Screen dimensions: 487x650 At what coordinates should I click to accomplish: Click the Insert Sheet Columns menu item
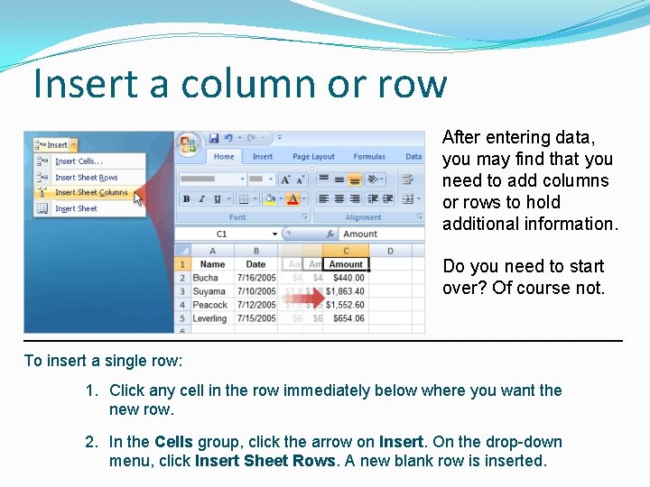tap(90, 193)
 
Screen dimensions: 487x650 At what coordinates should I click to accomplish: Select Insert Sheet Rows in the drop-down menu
tap(86, 178)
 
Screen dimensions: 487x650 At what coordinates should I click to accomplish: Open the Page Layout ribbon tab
tap(313, 157)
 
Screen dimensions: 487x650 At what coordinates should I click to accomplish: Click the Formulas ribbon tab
tap(369, 157)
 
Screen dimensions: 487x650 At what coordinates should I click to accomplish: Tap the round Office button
tap(188, 143)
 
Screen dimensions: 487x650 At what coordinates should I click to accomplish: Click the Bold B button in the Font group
tap(186, 199)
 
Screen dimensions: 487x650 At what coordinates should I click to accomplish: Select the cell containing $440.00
tap(346, 279)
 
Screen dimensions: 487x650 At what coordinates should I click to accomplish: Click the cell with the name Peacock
tap(209, 306)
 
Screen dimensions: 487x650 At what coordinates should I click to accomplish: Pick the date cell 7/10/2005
tap(256, 292)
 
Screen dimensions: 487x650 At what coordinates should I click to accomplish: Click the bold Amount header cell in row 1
tap(346, 265)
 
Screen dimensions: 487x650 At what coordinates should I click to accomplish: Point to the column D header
tap(390, 251)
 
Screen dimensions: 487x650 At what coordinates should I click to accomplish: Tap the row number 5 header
tap(182, 319)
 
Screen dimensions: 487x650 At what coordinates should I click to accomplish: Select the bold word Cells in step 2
tap(173, 442)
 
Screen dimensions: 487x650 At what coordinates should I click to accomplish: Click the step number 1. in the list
tap(91, 391)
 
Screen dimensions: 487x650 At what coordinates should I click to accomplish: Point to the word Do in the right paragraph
tap(453, 266)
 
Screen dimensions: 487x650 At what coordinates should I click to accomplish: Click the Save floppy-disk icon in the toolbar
tap(214, 139)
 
